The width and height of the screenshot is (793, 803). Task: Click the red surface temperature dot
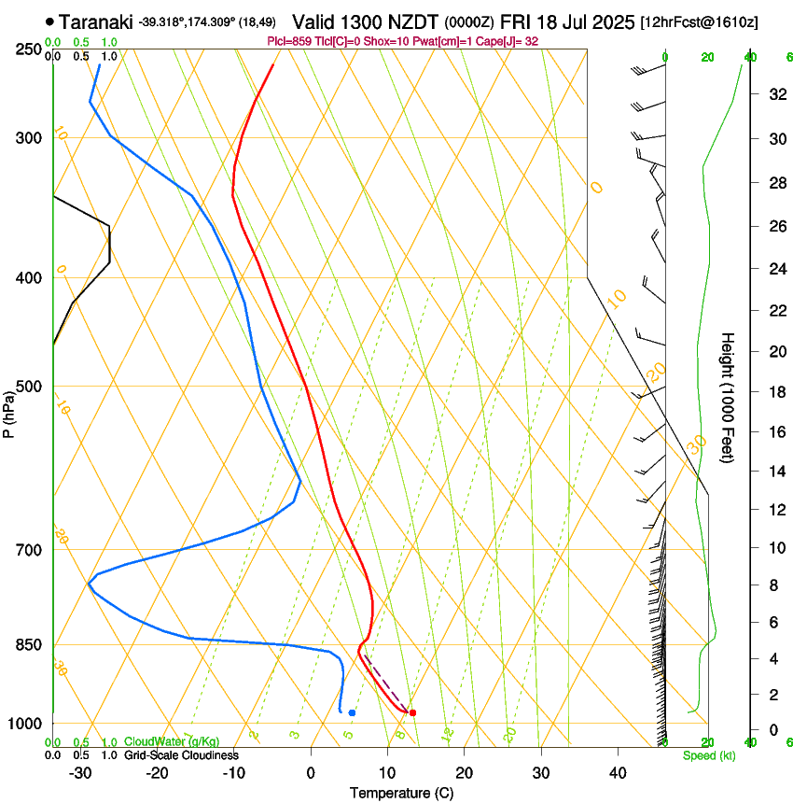pyautogui.click(x=412, y=712)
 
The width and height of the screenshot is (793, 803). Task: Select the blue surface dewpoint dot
pyautogui.click(x=352, y=712)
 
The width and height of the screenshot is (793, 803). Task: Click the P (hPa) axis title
pyautogui.click(x=8, y=411)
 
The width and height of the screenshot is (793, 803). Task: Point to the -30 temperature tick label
pyautogui.click(x=80, y=772)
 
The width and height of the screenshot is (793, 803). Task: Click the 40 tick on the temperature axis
pyautogui.click(x=617, y=772)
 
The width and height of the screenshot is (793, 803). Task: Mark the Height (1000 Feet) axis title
pyautogui.click(x=729, y=398)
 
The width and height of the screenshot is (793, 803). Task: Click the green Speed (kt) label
pyautogui.click(x=709, y=755)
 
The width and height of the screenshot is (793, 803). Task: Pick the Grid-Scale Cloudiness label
pyautogui.click(x=181, y=754)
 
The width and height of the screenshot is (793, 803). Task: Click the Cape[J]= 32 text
pyautogui.click(x=508, y=42)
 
